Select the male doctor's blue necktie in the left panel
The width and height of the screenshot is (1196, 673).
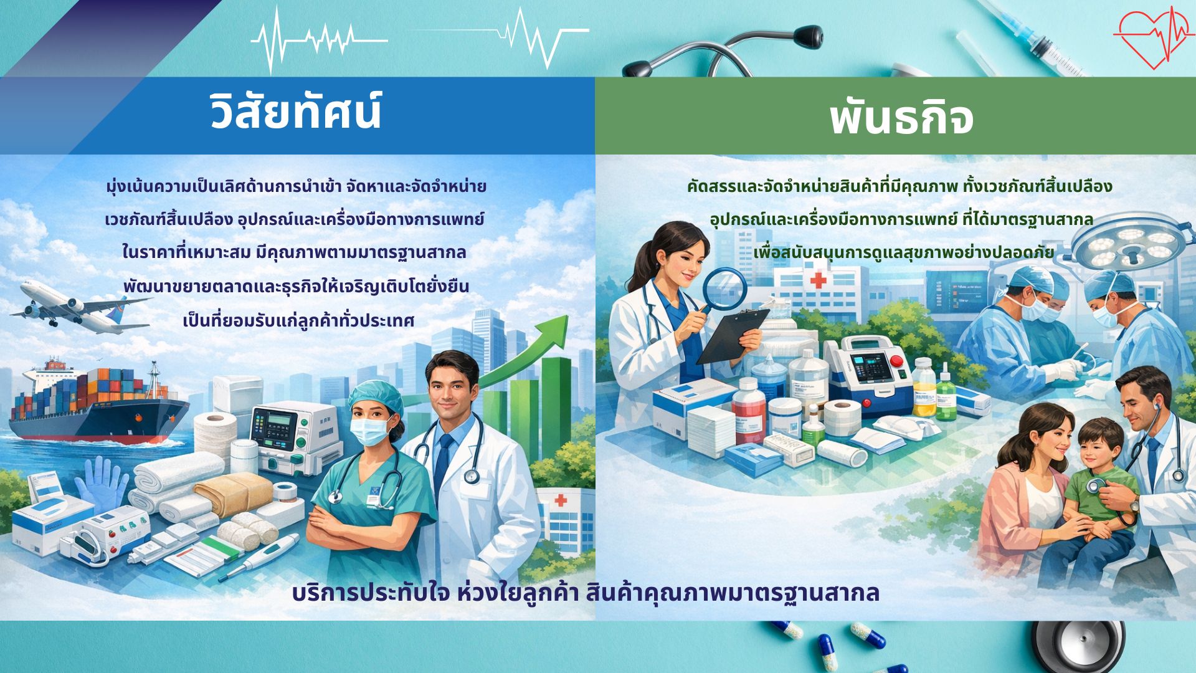pos(443,464)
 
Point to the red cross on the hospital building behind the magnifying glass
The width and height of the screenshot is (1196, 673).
pos(818,280)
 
